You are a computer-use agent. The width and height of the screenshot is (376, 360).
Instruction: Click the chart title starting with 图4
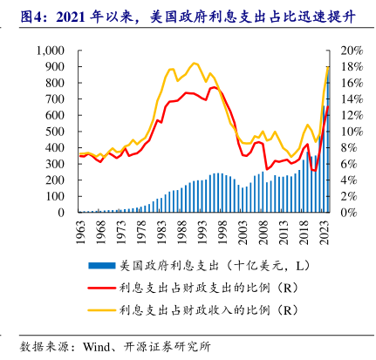pyautogui.click(x=188, y=17)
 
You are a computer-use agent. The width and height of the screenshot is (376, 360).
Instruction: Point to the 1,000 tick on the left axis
pyautogui.click(x=51, y=51)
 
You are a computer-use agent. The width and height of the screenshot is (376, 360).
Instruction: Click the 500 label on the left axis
pyautogui.click(x=55, y=132)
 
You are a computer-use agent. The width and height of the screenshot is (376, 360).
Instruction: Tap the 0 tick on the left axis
pyautogui.click(x=61, y=213)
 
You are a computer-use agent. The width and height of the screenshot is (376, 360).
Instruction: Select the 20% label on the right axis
pyautogui.click(x=352, y=51)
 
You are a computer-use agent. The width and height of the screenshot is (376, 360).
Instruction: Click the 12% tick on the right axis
pyautogui.click(x=352, y=115)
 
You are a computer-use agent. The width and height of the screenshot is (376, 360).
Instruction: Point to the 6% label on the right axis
pyautogui.click(x=349, y=164)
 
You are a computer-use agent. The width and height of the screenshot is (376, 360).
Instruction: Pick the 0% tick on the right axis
pyautogui.click(x=349, y=213)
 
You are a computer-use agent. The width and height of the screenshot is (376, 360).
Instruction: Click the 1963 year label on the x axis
pyautogui.click(x=80, y=232)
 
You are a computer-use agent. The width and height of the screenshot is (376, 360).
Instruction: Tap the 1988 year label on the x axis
pyautogui.click(x=181, y=232)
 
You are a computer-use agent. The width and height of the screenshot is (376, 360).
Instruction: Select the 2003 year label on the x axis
pyautogui.click(x=243, y=232)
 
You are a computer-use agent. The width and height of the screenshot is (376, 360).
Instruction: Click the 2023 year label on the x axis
pyautogui.click(x=324, y=232)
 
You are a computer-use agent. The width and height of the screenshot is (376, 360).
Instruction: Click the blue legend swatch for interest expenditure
pyautogui.click(x=102, y=266)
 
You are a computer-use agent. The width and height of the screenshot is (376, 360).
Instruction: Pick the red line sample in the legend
pyautogui.click(x=102, y=288)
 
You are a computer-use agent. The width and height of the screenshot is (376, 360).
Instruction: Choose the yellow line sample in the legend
pyautogui.click(x=102, y=310)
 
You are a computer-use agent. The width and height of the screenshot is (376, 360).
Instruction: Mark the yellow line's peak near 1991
pyautogui.click(x=194, y=63)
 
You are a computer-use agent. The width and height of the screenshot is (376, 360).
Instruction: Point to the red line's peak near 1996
pyautogui.click(x=215, y=87)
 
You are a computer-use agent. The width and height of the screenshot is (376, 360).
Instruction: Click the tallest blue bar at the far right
pyautogui.click(x=328, y=139)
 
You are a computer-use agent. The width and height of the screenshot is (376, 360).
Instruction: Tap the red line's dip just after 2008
pyautogui.click(x=267, y=169)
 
